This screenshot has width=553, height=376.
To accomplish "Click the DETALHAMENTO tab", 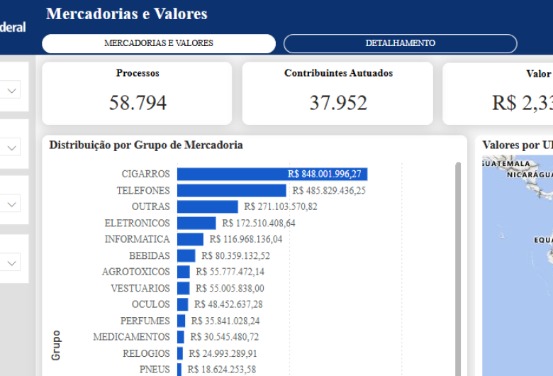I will [x=400, y=43].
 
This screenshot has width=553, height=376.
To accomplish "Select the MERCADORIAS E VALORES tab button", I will [x=158, y=43].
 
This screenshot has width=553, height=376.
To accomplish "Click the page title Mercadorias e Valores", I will [x=127, y=13].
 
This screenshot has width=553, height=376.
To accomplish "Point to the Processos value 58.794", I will [x=138, y=103].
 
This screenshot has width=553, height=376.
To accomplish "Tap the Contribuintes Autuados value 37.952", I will [x=338, y=103].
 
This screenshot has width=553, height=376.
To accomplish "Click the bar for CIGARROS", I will [x=272, y=174].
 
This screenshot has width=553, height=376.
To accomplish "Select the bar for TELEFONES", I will [x=231, y=190].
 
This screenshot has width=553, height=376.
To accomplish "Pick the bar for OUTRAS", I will [x=207, y=206].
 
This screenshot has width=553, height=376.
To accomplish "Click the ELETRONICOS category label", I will [x=137, y=223].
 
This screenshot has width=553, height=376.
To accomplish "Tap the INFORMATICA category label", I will [x=137, y=239].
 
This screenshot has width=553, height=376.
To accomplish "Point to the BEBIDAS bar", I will [x=186, y=255].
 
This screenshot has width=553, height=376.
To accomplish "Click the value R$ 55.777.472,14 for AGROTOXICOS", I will [x=230, y=272].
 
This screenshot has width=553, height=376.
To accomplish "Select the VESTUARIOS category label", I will [x=140, y=288].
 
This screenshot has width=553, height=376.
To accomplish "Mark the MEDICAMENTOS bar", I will [x=181, y=337].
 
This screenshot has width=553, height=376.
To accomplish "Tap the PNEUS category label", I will [x=155, y=370].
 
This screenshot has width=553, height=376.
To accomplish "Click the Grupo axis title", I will [x=56, y=345].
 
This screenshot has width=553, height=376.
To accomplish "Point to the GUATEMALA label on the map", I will [x=505, y=164].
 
